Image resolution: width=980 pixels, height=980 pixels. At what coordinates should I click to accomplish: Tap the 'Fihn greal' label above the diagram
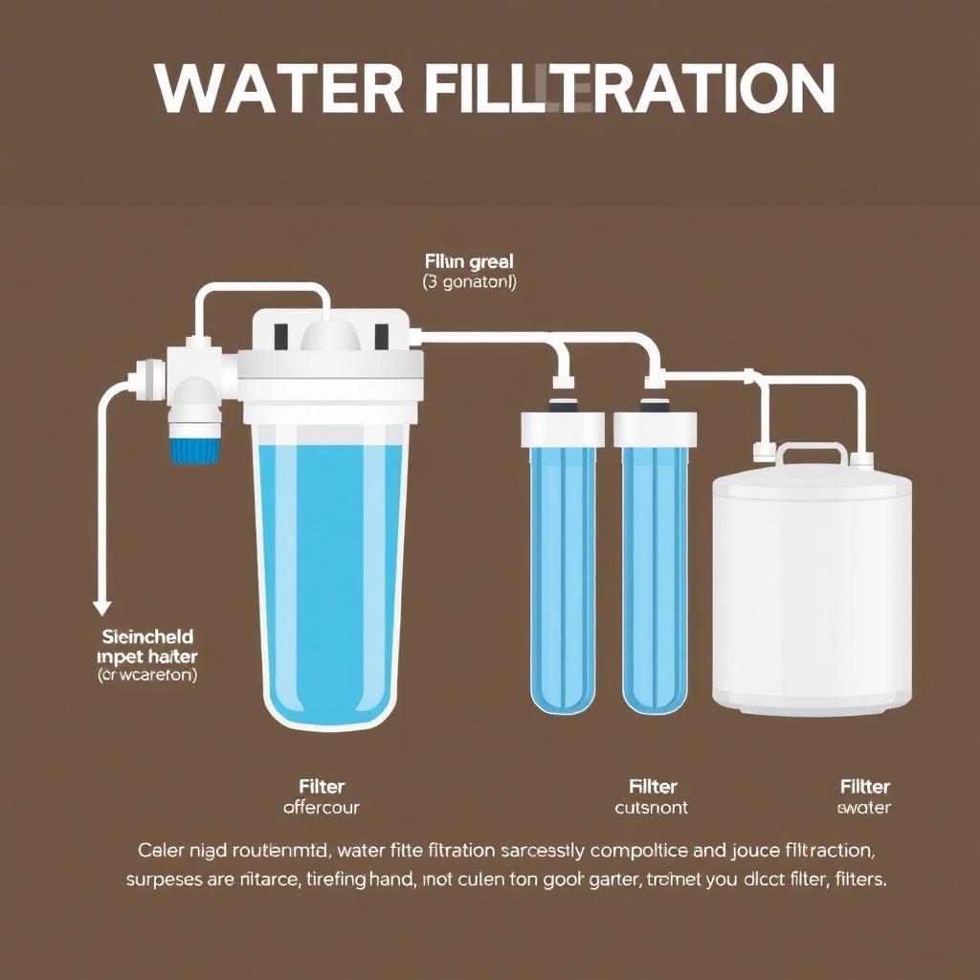pyautogui.click(x=469, y=260)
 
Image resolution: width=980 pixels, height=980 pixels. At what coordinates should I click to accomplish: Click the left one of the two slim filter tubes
pyautogui.click(x=563, y=574)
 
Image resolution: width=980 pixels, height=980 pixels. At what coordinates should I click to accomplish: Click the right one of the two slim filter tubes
pyautogui.click(x=656, y=574)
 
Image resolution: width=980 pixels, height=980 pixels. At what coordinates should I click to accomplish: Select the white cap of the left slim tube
pyautogui.click(x=563, y=428)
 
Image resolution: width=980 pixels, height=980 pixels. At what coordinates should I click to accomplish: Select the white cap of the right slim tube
pyautogui.click(x=656, y=428)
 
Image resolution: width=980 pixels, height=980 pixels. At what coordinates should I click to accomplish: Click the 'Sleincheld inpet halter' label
pyautogui.click(x=147, y=647)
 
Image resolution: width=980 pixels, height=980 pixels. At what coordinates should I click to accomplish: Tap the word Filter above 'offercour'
pyautogui.click(x=322, y=787)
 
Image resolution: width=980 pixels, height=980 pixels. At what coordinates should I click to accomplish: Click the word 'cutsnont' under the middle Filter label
pyautogui.click(x=651, y=808)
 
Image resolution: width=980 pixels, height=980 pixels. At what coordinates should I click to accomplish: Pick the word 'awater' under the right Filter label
pyautogui.click(x=864, y=808)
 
